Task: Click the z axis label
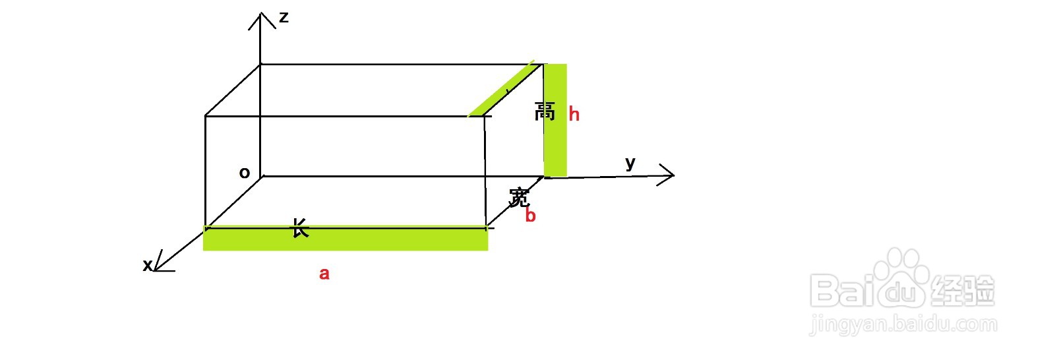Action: (284, 17)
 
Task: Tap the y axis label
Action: (630, 163)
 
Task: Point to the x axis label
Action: (148, 265)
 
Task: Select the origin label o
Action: (245, 173)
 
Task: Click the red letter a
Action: (324, 273)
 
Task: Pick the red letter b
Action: (530, 216)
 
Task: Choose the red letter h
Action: (574, 115)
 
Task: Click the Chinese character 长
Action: (300, 229)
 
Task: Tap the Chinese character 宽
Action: (519, 197)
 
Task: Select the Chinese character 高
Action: (545, 111)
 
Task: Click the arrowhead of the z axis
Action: (262, 15)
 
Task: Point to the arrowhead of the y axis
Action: (671, 175)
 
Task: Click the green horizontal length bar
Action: (345, 239)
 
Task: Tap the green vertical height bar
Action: (555, 120)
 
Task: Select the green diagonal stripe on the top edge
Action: (501, 90)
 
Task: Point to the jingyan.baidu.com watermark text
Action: (903, 324)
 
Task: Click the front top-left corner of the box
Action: (206, 116)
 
